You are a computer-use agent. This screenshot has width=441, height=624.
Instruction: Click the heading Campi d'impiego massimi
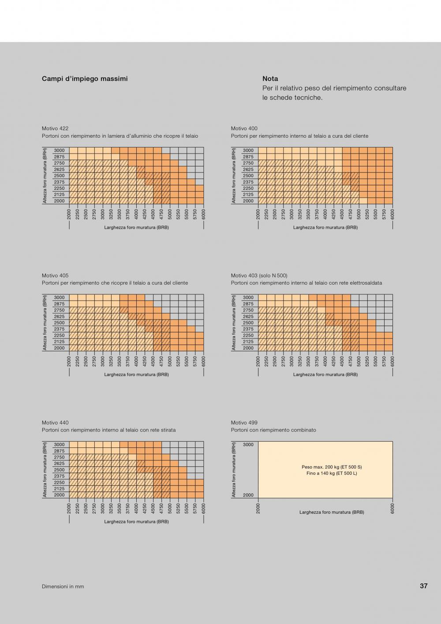point(85,79)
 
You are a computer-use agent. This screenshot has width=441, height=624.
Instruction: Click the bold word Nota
point(270,79)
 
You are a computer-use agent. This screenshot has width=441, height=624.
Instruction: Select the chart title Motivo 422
point(55,128)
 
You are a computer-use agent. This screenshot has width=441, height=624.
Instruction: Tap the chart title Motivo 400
point(244,128)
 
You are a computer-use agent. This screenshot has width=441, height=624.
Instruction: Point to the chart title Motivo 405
point(55,275)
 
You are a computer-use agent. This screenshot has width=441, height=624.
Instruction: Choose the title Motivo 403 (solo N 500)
point(259,275)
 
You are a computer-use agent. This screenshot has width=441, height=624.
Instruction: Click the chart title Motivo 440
point(55,423)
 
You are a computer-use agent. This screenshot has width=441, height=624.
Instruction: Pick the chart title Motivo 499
point(244,423)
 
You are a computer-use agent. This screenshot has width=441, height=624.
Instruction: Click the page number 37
point(423,586)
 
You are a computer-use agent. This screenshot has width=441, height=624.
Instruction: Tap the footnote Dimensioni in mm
point(63,586)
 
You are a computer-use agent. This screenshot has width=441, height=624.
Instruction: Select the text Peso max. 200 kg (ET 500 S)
point(332,467)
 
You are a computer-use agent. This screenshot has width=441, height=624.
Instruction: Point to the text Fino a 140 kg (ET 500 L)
point(332,473)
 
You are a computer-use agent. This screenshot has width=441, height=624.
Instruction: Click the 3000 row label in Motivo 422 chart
point(59,150)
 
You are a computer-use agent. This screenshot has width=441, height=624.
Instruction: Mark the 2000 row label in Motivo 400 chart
point(248,201)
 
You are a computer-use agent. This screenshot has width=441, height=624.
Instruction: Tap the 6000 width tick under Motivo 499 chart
point(392,508)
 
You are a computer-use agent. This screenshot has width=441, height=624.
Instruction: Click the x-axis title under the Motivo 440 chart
point(136,522)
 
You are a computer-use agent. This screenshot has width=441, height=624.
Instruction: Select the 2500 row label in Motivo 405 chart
point(59,323)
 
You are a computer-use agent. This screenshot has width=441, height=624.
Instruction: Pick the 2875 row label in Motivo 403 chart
point(248,304)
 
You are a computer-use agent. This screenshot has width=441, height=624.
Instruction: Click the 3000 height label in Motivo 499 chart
point(248,445)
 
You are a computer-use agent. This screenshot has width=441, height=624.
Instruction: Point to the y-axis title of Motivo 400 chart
point(234,176)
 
